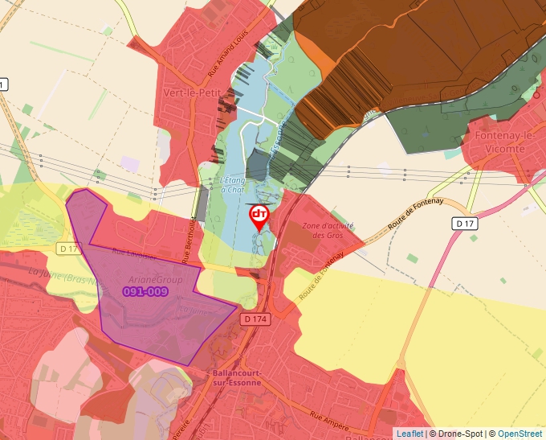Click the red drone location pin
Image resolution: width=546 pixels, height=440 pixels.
pyautogui.click(x=259, y=216)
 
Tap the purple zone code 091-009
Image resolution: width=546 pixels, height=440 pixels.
pyautogui.click(x=145, y=291)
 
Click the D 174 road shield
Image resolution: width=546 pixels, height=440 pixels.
pyautogui.click(x=255, y=319)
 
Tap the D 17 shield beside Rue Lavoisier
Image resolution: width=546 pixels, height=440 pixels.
pyautogui.click(x=68, y=249)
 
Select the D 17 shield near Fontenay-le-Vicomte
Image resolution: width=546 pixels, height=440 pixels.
pyautogui.click(x=465, y=223)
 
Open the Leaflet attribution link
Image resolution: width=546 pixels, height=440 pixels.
pyautogui.click(x=409, y=434)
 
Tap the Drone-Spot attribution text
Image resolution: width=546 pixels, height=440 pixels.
pyautogui.click(x=457, y=434)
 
